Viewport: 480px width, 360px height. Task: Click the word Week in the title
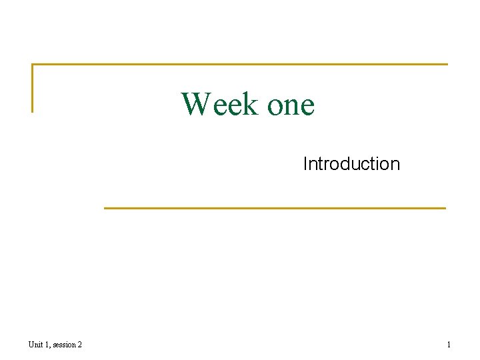point(219,104)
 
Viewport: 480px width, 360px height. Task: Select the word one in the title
point(290,105)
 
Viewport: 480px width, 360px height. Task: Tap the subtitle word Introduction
point(351,163)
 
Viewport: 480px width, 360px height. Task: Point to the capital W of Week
point(196,104)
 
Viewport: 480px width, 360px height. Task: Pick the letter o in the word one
point(275,107)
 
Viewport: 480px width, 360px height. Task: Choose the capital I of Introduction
point(305,163)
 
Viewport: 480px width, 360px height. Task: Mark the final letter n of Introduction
point(395,165)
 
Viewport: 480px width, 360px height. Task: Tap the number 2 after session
point(79,344)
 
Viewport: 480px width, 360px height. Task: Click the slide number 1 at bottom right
point(449,344)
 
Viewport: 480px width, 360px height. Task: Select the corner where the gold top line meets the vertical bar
point(32,65)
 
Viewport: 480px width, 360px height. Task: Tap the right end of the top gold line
point(447,65)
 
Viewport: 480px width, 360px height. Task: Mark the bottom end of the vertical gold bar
point(32,111)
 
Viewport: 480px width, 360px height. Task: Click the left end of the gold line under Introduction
point(105,208)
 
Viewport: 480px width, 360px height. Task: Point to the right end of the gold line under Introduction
point(445,208)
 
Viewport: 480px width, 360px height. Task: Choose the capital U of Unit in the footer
point(31,344)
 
